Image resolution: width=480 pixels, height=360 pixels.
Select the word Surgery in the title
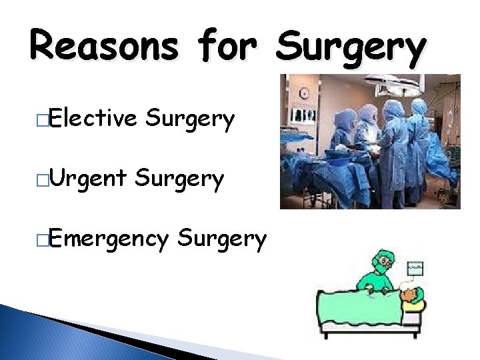point(351,47)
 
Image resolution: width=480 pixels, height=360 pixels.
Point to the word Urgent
point(87,179)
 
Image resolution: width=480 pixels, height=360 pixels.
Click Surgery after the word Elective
point(191,119)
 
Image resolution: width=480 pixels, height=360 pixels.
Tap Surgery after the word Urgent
point(179,179)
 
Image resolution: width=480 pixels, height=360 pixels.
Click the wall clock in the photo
point(305,92)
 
